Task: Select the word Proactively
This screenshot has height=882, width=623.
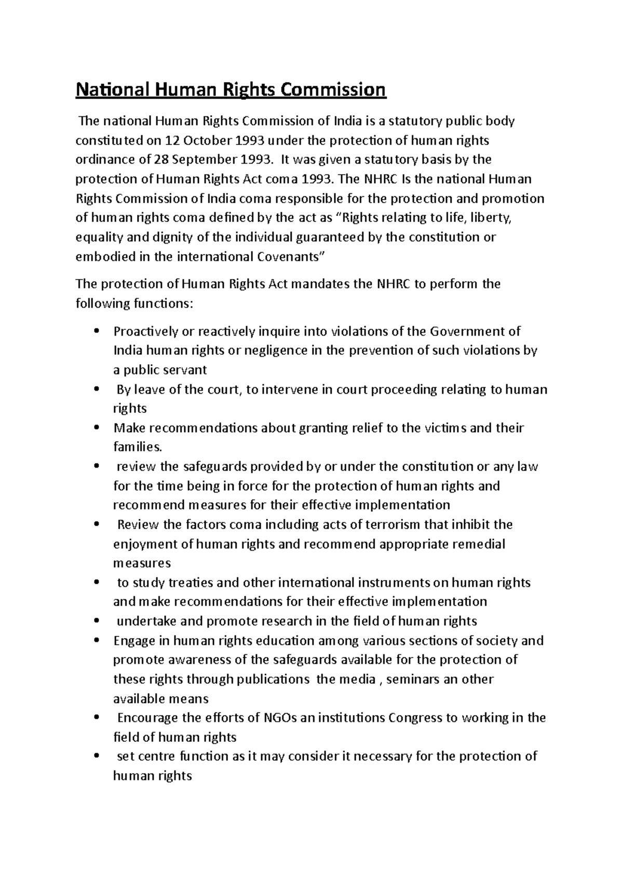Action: (x=143, y=331)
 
